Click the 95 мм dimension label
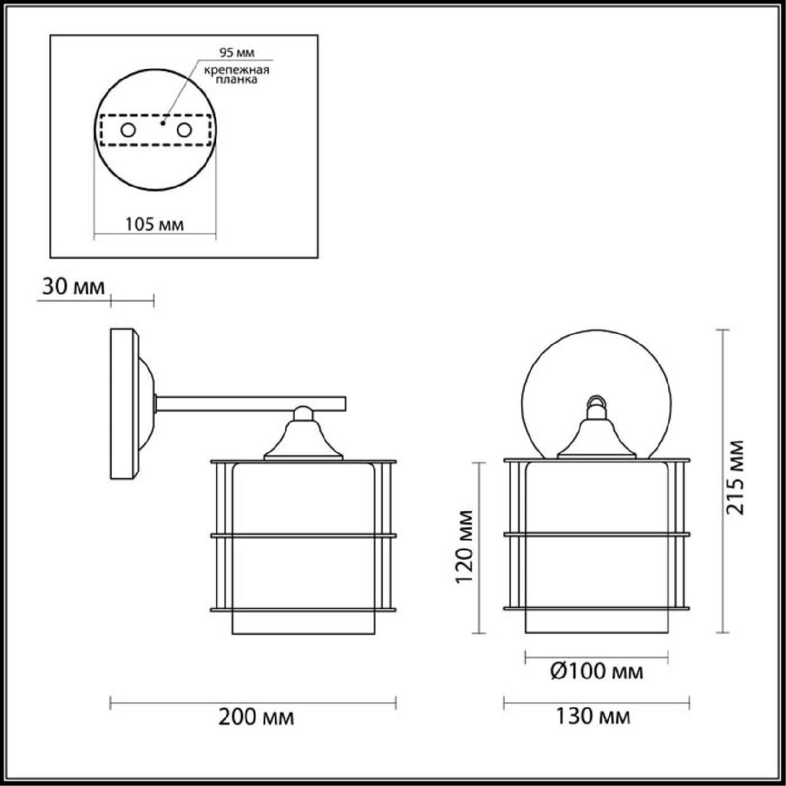click(x=236, y=52)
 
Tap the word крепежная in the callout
click(x=237, y=70)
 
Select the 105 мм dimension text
click(x=154, y=225)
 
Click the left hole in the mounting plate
click(x=128, y=130)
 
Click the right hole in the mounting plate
click(x=184, y=130)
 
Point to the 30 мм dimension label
click(x=73, y=287)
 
